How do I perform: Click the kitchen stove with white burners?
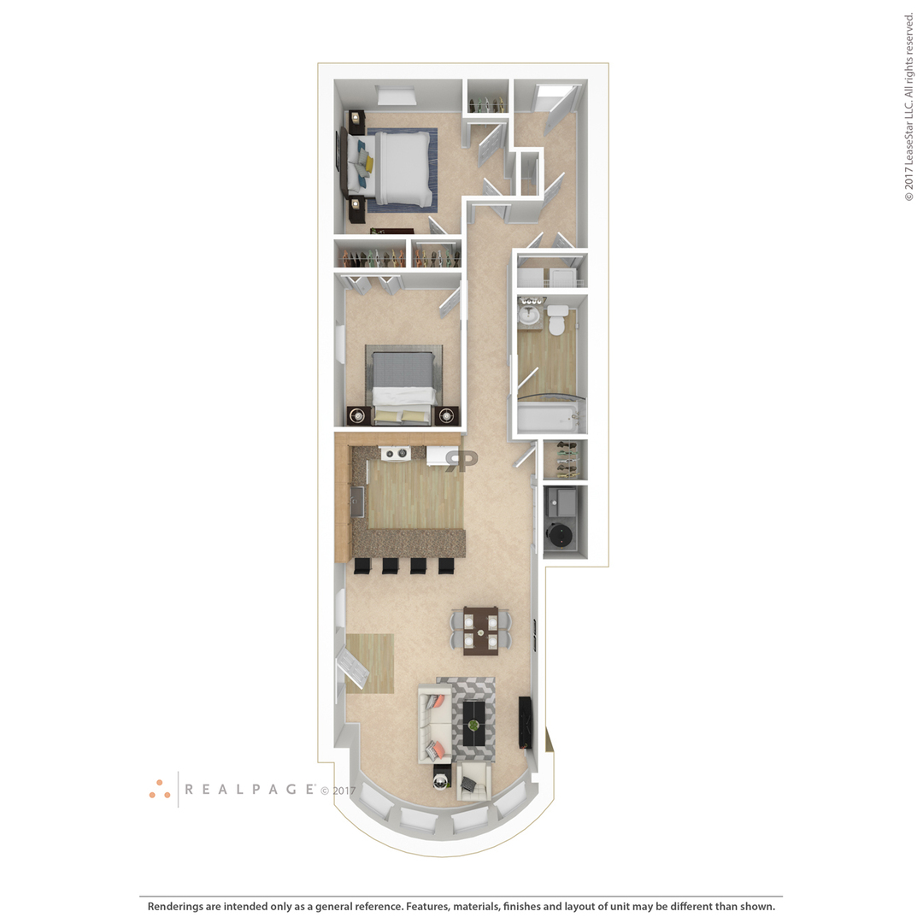pyautogui.click(x=395, y=453)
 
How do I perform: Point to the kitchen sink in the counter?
pyautogui.click(x=357, y=503)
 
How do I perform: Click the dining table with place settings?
pyautogui.click(x=480, y=631)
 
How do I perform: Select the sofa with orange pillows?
pyautogui.click(x=434, y=724)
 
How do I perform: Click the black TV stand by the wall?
pyautogui.click(x=525, y=722)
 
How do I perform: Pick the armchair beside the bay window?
pyautogui.click(x=473, y=781)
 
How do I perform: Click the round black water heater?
pyautogui.click(x=559, y=534)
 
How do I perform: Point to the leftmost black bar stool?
pyautogui.click(x=362, y=566)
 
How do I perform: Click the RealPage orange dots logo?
pyautogui.click(x=160, y=790)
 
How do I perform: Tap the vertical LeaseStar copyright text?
pyautogui.click(x=908, y=107)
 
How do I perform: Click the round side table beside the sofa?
pyautogui.click(x=442, y=780)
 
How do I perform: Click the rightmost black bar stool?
pyautogui.click(x=446, y=566)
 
